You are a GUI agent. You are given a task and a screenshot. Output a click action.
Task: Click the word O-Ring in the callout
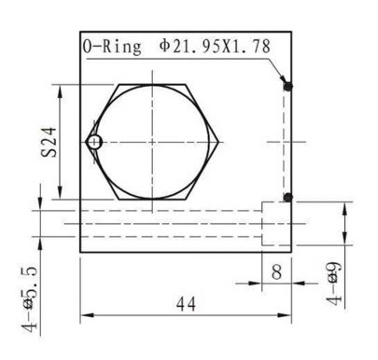(112, 48)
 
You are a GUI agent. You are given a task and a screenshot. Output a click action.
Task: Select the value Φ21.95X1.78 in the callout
(215, 47)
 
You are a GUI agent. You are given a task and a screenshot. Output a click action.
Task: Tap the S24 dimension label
(49, 142)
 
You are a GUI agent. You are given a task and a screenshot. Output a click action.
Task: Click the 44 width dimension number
(186, 304)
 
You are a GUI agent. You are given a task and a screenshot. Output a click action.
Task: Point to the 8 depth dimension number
(276, 270)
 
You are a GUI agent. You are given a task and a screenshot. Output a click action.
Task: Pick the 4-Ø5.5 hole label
(29, 299)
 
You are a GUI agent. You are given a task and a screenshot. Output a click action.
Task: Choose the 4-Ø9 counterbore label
(333, 284)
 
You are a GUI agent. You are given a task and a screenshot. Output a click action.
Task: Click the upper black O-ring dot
(288, 87)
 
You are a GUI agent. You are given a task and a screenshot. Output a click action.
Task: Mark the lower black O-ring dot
(288, 197)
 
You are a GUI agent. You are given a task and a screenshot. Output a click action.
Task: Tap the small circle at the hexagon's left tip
(94, 143)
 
